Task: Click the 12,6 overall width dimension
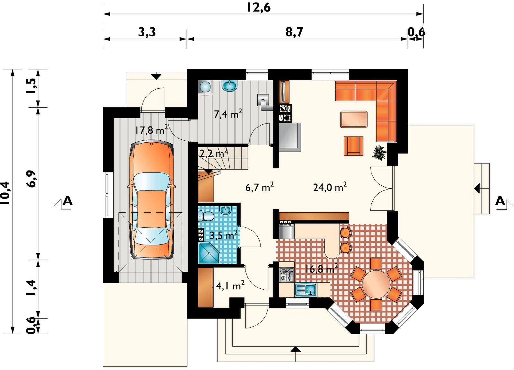click(259, 7)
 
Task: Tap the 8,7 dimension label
click(294, 32)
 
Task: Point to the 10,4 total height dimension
click(5, 193)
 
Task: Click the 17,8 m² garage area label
click(151, 130)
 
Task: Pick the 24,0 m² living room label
click(330, 187)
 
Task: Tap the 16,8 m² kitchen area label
click(322, 269)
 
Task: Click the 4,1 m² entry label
click(230, 286)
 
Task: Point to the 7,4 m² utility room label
click(228, 114)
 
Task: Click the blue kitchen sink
click(306, 289)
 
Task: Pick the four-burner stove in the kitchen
click(287, 275)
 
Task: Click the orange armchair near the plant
click(353, 146)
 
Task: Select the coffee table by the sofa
click(354, 119)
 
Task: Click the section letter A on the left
click(67, 201)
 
